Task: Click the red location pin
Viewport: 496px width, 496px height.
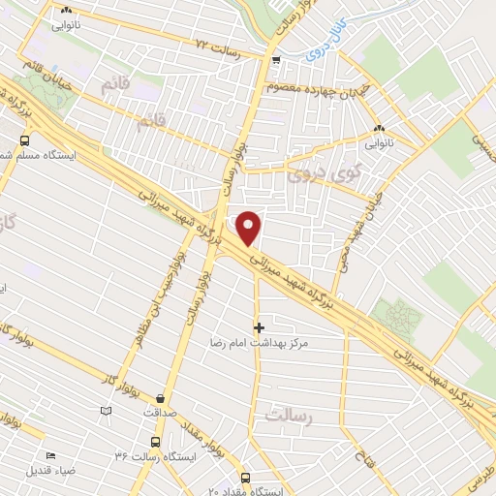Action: click(250, 228)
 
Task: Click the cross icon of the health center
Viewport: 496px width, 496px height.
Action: click(258, 327)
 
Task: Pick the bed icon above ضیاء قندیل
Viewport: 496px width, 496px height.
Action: click(49, 456)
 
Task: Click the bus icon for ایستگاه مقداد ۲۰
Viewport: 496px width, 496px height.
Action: click(244, 478)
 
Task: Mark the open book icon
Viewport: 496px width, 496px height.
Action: click(106, 411)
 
